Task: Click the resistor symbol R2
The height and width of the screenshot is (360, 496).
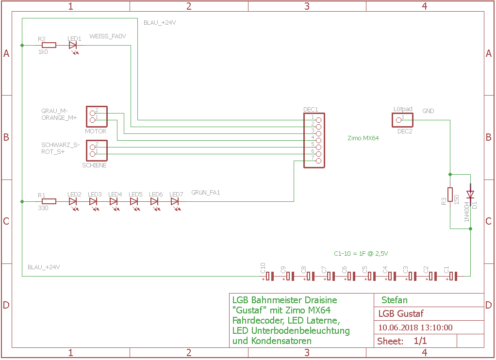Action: tap(49, 45)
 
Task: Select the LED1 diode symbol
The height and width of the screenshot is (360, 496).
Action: tap(73, 46)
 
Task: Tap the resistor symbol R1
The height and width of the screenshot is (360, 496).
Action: tap(49, 201)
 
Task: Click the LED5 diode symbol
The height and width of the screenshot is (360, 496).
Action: tap(134, 202)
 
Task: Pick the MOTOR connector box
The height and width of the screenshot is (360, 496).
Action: tap(97, 116)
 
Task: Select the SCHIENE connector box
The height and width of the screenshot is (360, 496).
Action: tap(97, 150)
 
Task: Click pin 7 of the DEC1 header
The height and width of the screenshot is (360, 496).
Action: tap(318, 161)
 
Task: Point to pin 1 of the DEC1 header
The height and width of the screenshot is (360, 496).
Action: tap(318, 120)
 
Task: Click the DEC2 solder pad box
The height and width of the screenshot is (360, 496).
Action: tap(402, 120)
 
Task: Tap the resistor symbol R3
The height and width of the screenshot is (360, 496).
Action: tap(450, 195)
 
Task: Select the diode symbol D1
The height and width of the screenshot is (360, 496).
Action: tap(470, 194)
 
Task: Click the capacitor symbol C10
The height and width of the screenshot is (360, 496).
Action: tap(268, 276)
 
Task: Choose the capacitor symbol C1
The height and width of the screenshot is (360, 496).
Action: tap(452, 276)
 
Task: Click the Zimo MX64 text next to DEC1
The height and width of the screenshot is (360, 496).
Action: tap(363, 138)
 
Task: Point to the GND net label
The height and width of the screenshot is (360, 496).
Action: tap(428, 111)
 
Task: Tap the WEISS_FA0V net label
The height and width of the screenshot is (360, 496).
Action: tap(108, 36)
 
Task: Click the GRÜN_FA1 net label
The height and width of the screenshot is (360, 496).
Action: tap(206, 192)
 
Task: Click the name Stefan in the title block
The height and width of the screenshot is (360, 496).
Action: tap(395, 300)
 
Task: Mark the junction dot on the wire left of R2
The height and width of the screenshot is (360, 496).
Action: tap(22, 45)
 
